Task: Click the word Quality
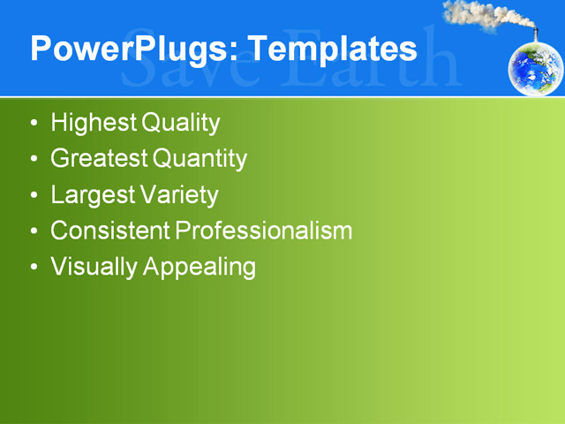178,123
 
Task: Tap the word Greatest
100,159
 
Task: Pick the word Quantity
200,159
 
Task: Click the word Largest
93,194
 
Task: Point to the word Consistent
110,231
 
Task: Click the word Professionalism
264,231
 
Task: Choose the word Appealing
199,267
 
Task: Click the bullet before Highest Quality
34,124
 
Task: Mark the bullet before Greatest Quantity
34,160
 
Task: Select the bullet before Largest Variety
34,195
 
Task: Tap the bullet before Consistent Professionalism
34,231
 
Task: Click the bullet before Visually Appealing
34,267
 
